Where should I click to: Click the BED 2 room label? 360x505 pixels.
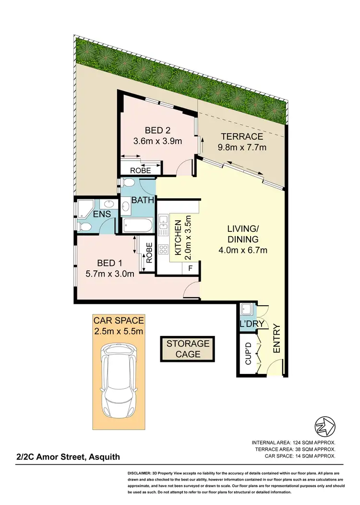[157, 130]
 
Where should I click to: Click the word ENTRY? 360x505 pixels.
[276, 339]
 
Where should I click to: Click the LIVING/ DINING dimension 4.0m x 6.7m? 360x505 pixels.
[243, 250]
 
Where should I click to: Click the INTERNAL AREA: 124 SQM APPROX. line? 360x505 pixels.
[293, 442]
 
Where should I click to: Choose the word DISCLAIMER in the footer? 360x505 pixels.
[142, 473]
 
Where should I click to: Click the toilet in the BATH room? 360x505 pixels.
[128, 183]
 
